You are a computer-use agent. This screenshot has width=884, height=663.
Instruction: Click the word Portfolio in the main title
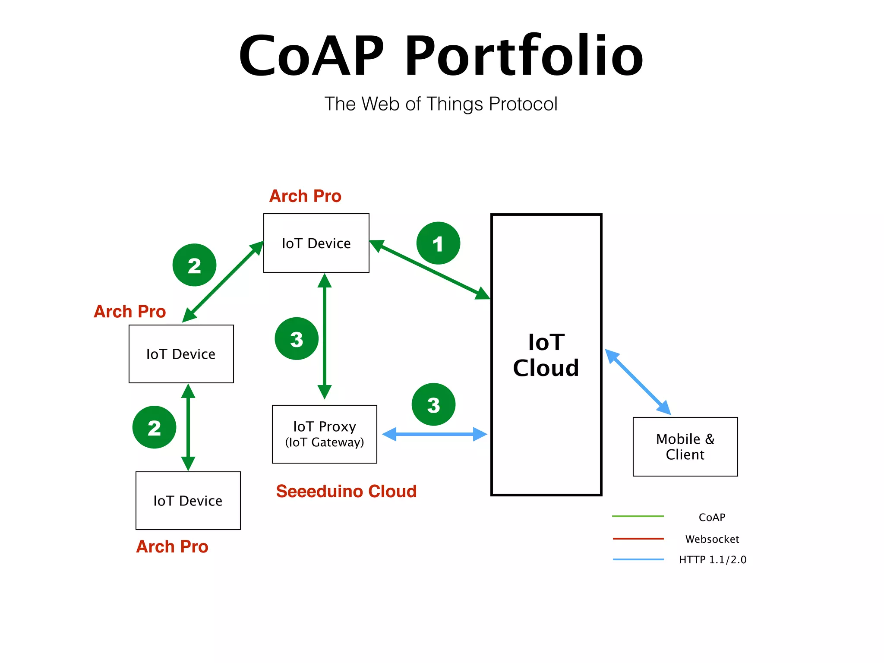coord(523,56)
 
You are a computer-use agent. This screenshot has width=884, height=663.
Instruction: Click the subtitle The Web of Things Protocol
coord(441,104)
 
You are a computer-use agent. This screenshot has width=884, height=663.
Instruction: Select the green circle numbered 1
coord(438,243)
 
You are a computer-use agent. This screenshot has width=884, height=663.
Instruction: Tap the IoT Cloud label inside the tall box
coord(546,355)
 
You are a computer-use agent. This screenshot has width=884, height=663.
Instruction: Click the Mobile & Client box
coord(685,447)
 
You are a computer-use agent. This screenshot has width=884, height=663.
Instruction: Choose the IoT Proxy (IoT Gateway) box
coord(325,434)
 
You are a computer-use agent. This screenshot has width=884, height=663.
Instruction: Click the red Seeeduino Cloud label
coord(346,491)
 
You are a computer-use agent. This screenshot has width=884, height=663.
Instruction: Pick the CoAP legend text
coord(712,517)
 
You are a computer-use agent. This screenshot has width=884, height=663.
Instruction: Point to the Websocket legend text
coord(712,539)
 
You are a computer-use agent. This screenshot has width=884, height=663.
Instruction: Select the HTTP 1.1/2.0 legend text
coord(713,560)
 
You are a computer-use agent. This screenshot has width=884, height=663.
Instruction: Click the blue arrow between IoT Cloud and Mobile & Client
coord(638,382)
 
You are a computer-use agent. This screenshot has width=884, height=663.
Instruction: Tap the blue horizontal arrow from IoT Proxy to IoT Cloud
coord(435,434)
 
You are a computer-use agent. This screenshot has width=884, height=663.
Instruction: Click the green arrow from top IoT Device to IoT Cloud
coord(429,269)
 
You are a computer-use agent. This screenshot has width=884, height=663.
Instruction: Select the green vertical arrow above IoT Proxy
coord(325,336)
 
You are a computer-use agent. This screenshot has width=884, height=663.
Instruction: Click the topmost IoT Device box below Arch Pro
coord(316,243)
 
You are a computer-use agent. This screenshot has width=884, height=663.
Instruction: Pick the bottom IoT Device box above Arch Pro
coord(188,501)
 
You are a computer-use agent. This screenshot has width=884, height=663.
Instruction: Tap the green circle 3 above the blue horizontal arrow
coord(433,404)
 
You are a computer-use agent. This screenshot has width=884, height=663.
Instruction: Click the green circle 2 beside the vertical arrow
coord(154,427)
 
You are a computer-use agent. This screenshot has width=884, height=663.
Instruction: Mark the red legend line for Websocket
coord(638,539)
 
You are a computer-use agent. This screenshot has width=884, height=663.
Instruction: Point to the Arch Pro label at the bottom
coord(172,547)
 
